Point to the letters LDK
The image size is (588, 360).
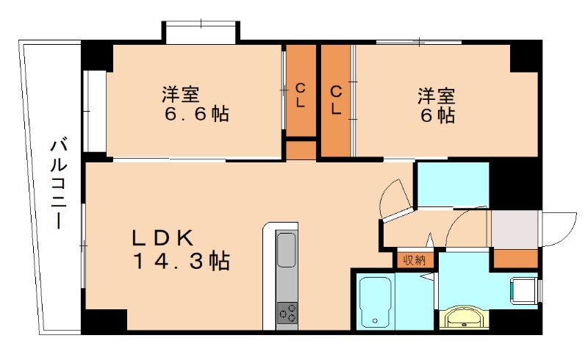(162, 238)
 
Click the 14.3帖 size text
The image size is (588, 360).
(180, 260)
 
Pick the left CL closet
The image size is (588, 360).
(300, 94)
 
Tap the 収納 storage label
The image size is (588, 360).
(414, 259)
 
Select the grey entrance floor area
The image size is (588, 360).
(514, 230)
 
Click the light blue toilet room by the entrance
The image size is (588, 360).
(452, 185)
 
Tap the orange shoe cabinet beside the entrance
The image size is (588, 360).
(514, 259)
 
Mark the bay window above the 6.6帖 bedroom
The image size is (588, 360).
(201, 34)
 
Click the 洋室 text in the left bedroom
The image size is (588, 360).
(180, 96)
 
